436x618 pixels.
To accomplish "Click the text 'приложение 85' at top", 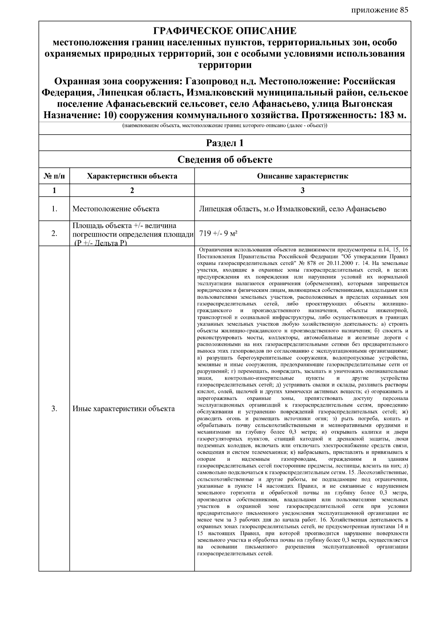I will [380, 10].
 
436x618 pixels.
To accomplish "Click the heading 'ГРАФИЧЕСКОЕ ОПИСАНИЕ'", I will [225, 31].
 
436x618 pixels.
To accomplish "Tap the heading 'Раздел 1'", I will [225, 143].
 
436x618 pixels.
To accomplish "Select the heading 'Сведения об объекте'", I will [225, 159].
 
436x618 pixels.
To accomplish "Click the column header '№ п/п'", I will [54, 176].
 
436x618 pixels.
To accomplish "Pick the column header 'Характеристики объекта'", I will [132, 176].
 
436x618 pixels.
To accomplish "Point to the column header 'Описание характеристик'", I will [302, 176].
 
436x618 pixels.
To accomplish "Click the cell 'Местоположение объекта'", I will [116, 209].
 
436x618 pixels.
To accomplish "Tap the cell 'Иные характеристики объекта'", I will [124, 409].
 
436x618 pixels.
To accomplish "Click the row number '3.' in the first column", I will [54, 409].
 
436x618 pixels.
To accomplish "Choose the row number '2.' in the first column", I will [54, 234].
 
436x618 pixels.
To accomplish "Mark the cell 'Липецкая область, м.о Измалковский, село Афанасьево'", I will [292, 209].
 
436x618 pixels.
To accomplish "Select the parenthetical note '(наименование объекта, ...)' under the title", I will [225, 126].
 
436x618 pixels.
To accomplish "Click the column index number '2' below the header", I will [132, 190].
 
